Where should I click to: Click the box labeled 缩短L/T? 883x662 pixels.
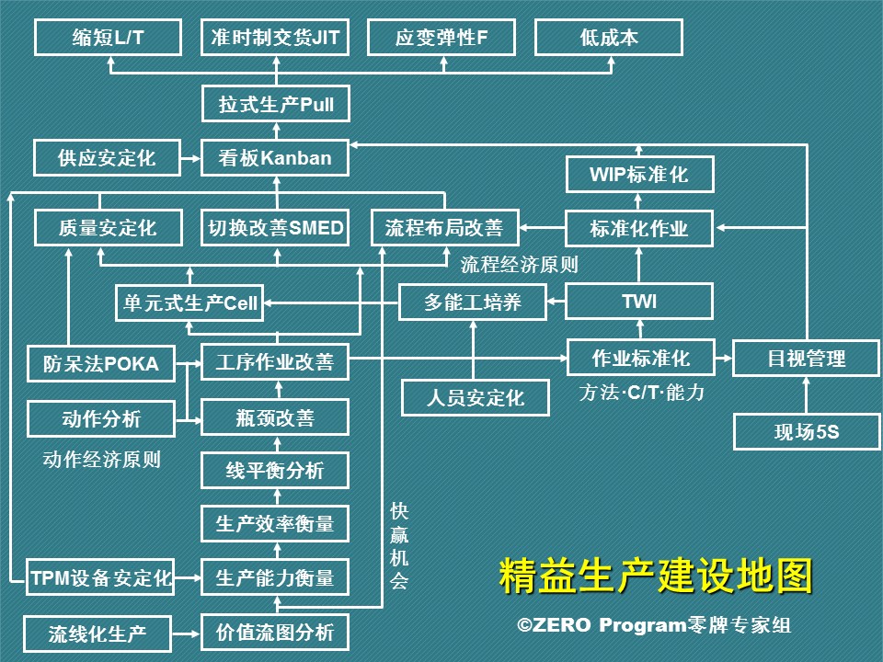click(x=109, y=38)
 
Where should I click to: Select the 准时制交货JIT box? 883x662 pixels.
click(x=276, y=38)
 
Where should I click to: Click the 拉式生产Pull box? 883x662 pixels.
click(x=276, y=104)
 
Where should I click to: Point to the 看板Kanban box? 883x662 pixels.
click(x=276, y=158)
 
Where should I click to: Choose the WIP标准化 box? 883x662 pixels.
click(x=639, y=174)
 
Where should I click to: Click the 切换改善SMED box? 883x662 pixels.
click(x=276, y=228)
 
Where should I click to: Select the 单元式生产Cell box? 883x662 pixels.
click(x=189, y=302)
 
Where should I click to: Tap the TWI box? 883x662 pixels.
click(x=639, y=301)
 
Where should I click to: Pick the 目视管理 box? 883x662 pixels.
click(x=807, y=359)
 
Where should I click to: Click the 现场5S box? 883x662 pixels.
click(x=807, y=431)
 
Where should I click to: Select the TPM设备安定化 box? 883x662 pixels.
click(x=101, y=578)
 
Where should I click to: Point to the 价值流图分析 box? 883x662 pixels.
click(x=276, y=633)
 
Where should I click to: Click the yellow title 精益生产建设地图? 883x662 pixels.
click(x=656, y=576)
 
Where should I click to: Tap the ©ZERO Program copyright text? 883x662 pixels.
click(x=654, y=626)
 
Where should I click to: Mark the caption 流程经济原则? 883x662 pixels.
click(x=519, y=265)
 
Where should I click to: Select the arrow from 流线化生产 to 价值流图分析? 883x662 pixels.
click(x=189, y=633)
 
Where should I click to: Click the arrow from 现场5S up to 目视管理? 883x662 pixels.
click(x=807, y=394)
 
